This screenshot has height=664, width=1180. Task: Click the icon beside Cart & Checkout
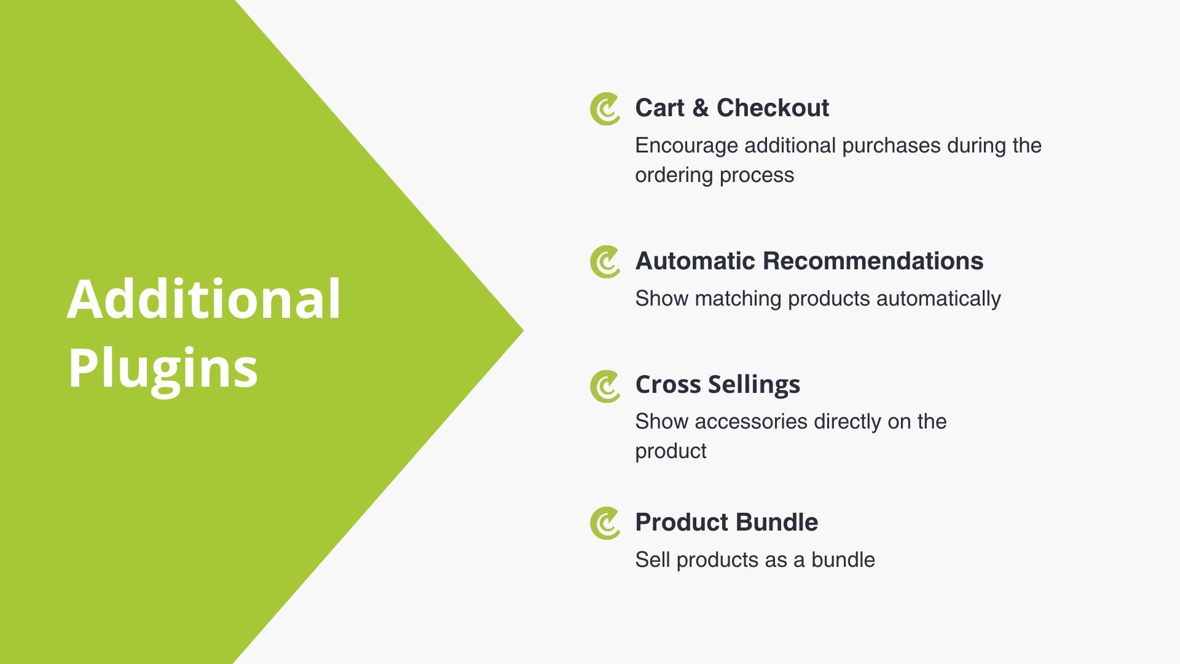[605, 109]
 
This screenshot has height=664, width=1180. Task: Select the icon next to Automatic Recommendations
[605, 262]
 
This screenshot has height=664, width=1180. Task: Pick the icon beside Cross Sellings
[605, 386]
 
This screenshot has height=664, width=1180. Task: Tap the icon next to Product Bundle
[605, 523]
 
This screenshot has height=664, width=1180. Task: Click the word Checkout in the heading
[773, 108]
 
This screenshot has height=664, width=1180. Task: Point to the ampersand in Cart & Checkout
[700, 108]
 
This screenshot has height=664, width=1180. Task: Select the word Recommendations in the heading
[873, 261]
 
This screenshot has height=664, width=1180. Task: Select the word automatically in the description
[938, 299]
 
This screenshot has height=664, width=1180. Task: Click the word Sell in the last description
[653, 559]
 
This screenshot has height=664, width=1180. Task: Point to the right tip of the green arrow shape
[523, 331]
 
